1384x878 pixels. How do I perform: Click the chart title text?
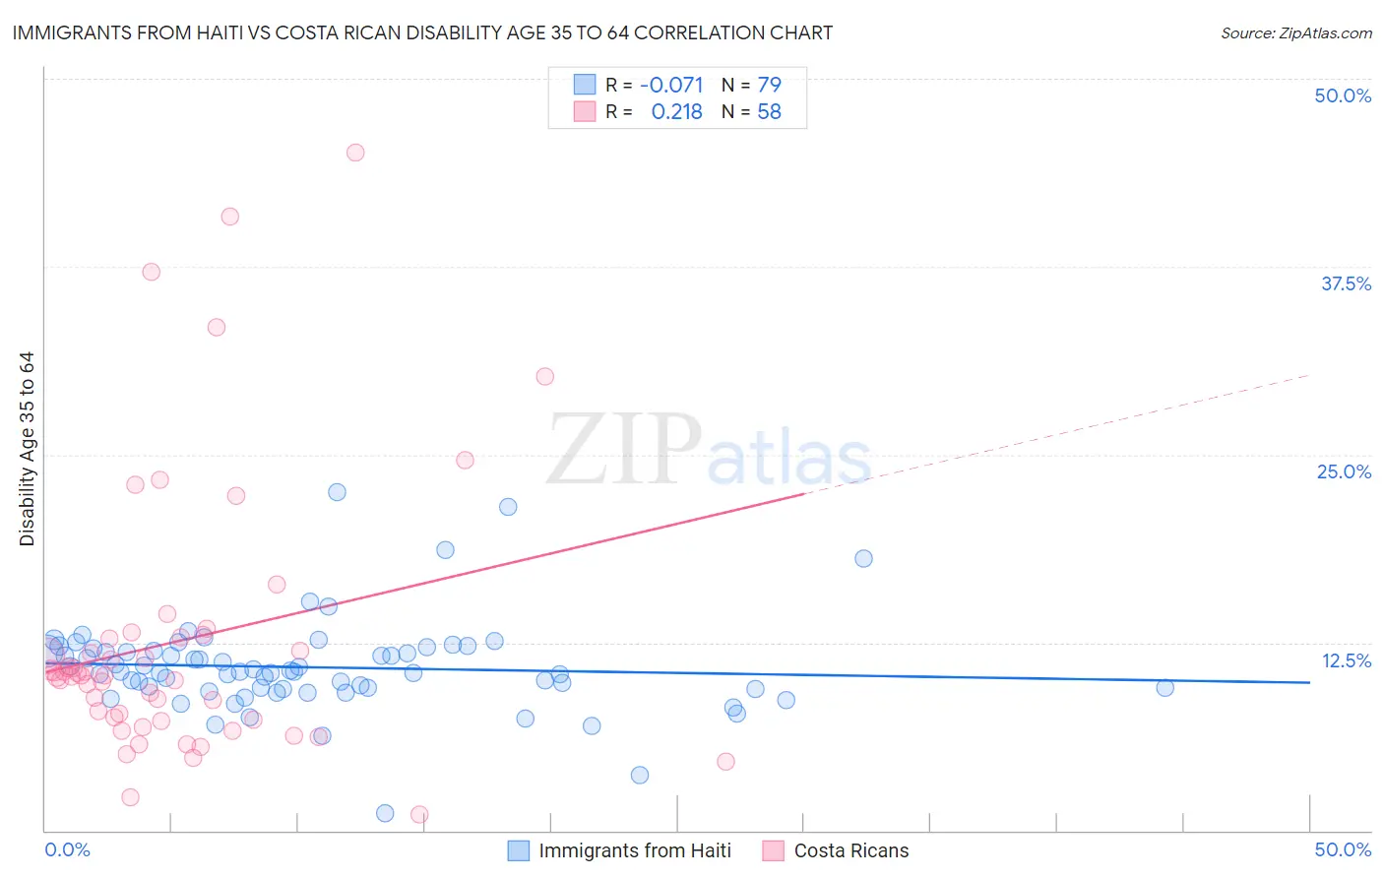click(422, 33)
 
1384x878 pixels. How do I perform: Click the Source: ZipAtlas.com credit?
click(1295, 33)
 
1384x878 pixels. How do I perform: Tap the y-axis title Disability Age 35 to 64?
click(28, 449)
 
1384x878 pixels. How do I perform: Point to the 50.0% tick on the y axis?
click(1343, 95)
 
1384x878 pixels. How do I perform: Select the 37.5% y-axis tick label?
click(1346, 283)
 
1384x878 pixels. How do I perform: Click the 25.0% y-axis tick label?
click(1344, 471)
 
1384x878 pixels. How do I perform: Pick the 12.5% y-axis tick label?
click(1346, 660)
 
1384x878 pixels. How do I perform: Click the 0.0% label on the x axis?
click(68, 849)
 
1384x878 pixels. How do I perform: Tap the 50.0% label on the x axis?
click(1343, 849)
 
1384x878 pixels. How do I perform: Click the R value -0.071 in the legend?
click(671, 86)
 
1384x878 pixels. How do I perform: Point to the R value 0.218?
click(676, 112)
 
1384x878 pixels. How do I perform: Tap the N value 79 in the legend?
click(769, 86)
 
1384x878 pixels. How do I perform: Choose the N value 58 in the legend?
click(769, 112)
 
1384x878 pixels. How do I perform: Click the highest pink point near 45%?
click(355, 153)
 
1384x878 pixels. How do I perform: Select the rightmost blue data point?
click(1164, 688)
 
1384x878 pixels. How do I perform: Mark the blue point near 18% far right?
click(863, 558)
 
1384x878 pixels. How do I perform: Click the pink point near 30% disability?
click(544, 376)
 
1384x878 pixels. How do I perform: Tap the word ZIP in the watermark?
click(623, 450)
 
